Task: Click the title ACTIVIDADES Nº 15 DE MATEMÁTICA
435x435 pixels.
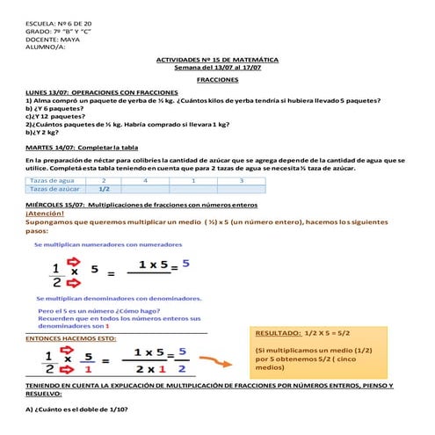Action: tap(217, 59)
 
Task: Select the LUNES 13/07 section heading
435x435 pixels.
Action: tap(102, 92)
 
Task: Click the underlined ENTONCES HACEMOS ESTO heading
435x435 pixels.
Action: tap(70, 337)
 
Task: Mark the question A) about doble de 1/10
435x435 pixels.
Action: tap(77, 410)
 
